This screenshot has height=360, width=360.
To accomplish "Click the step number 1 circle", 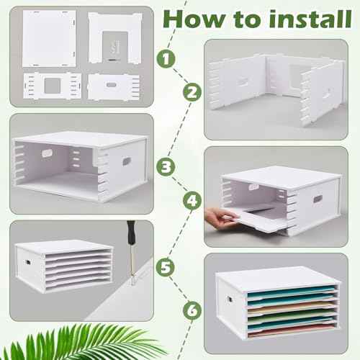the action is tap(166, 58).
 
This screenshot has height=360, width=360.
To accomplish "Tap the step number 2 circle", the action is tap(192, 92).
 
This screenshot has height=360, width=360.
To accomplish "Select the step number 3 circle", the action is tap(166, 166).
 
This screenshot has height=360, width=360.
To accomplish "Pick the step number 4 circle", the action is tap(192, 200).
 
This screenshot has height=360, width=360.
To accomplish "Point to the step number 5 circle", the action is tap(166, 267).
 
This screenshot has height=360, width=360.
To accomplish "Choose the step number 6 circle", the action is tap(192, 310).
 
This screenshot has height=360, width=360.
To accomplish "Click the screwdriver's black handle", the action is tap(131, 232).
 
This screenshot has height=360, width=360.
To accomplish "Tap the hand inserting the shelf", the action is tap(220, 217).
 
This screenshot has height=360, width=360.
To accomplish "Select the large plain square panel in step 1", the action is tap(49, 39).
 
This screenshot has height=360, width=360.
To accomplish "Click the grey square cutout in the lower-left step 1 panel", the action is tap(53, 86).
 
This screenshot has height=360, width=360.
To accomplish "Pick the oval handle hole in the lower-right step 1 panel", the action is tap(111, 85).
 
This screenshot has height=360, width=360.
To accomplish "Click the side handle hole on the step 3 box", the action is tap(126, 161).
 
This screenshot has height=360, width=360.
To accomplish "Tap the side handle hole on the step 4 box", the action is tap(318, 199).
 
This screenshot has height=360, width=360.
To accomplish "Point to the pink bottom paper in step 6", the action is tap(292, 331).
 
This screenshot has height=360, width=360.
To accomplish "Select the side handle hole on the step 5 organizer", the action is tap(27, 262).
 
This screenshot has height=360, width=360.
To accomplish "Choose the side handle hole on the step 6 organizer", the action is tap(230, 300).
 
